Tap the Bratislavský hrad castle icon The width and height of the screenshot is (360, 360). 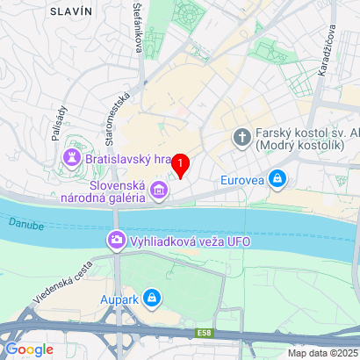(70, 159)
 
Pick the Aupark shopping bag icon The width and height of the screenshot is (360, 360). (153, 299)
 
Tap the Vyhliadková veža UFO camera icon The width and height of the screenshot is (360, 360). (115, 239)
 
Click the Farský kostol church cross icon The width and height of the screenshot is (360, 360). (241, 137)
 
